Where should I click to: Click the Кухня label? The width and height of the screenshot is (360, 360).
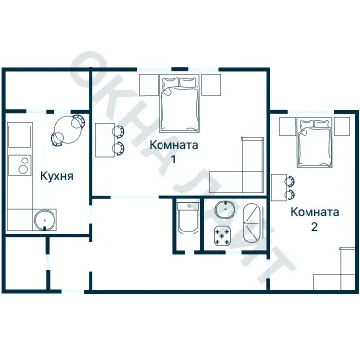click(x=56, y=176)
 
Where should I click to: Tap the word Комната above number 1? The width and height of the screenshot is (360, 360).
click(x=173, y=145)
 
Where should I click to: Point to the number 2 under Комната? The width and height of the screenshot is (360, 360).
click(x=314, y=226)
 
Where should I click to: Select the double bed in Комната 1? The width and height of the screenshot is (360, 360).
click(x=179, y=104)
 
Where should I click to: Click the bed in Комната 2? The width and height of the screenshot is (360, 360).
click(x=314, y=142)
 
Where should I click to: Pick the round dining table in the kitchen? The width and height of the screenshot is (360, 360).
click(x=66, y=130)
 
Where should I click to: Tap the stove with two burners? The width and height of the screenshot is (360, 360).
click(x=19, y=165)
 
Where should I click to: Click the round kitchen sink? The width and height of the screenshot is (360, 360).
click(x=45, y=220)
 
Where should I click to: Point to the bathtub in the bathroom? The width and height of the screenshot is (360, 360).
click(x=252, y=224)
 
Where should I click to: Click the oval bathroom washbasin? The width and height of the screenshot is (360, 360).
click(x=225, y=210)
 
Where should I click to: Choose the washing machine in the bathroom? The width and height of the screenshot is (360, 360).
click(x=222, y=235)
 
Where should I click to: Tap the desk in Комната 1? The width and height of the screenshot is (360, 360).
click(x=104, y=139)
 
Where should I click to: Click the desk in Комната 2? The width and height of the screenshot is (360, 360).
click(x=278, y=188)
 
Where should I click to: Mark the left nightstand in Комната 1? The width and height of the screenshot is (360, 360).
click(x=149, y=86)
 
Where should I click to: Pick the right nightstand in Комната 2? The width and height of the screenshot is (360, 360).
click(x=342, y=126)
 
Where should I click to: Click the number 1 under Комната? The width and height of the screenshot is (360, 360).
click(x=174, y=160)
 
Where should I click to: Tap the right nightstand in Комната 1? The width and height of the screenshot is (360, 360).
click(x=211, y=86)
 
